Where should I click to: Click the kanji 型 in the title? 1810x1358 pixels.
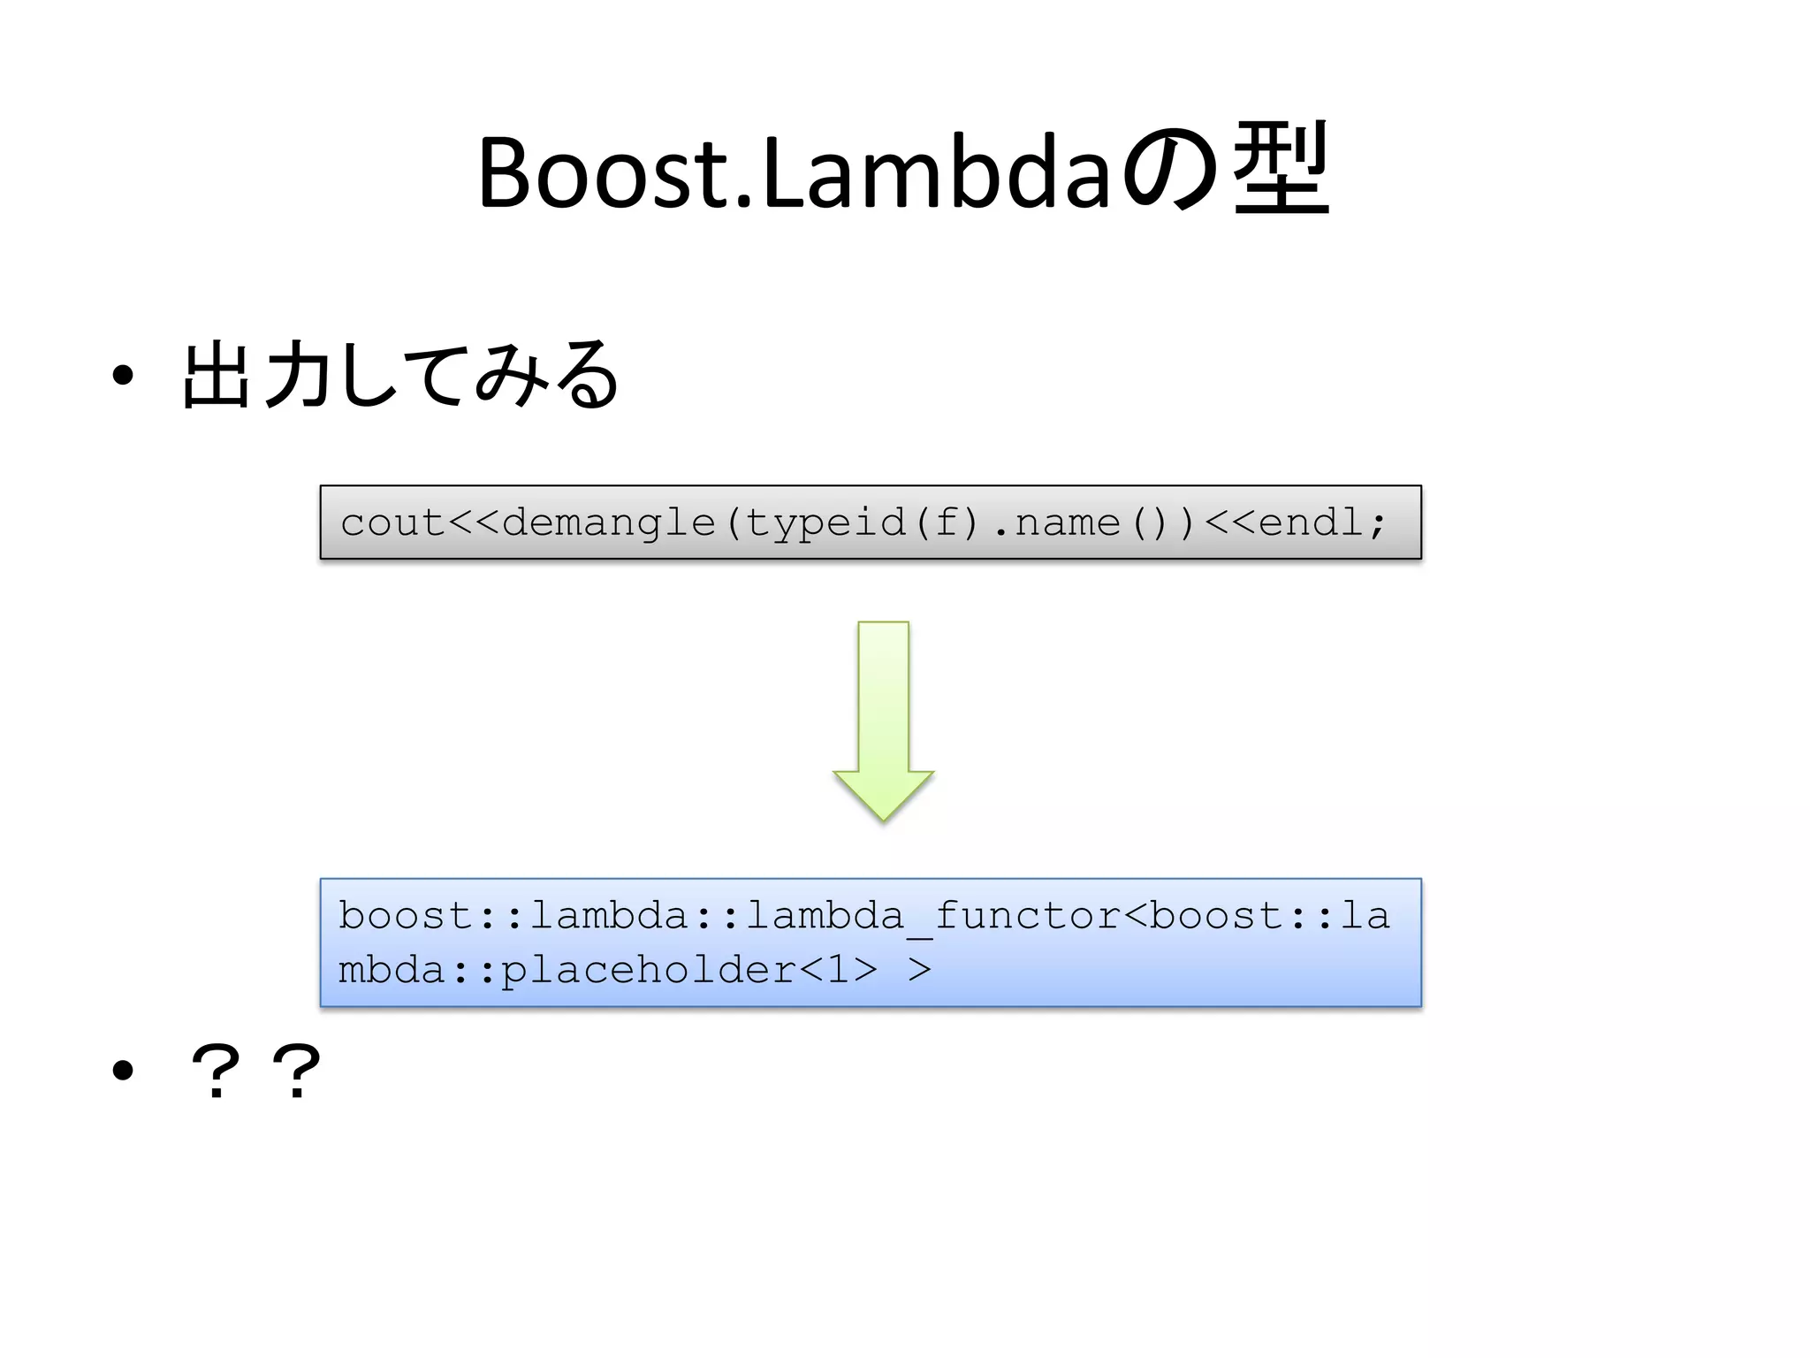pyautogui.click(x=1281, y=170)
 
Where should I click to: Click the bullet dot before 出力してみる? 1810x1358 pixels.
pyautogui.click(x=123, y=377)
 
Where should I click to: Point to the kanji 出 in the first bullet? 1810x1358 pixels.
pyautogui.click(x=215, y=376)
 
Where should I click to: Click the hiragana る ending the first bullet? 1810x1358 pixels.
pyautogui.click(x=584, y=376)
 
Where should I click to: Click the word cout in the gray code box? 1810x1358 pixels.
pyautogui.click(x=392, y=523)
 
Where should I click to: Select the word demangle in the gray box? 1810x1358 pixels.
pyautogui.click(x=608, y=523)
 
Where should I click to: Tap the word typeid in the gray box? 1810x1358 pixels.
pyautogui.click(x=825, y=523)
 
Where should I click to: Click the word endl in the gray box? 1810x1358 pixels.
pyautogui.click(x=1311, y=523)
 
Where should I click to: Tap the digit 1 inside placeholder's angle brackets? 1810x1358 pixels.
pyautogui.click(x=838, y=970)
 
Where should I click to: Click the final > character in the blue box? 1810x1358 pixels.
pyautogui.click(x=919, y=970)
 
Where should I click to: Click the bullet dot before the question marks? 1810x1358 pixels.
pyautogui.click(x=123, y=1072)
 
